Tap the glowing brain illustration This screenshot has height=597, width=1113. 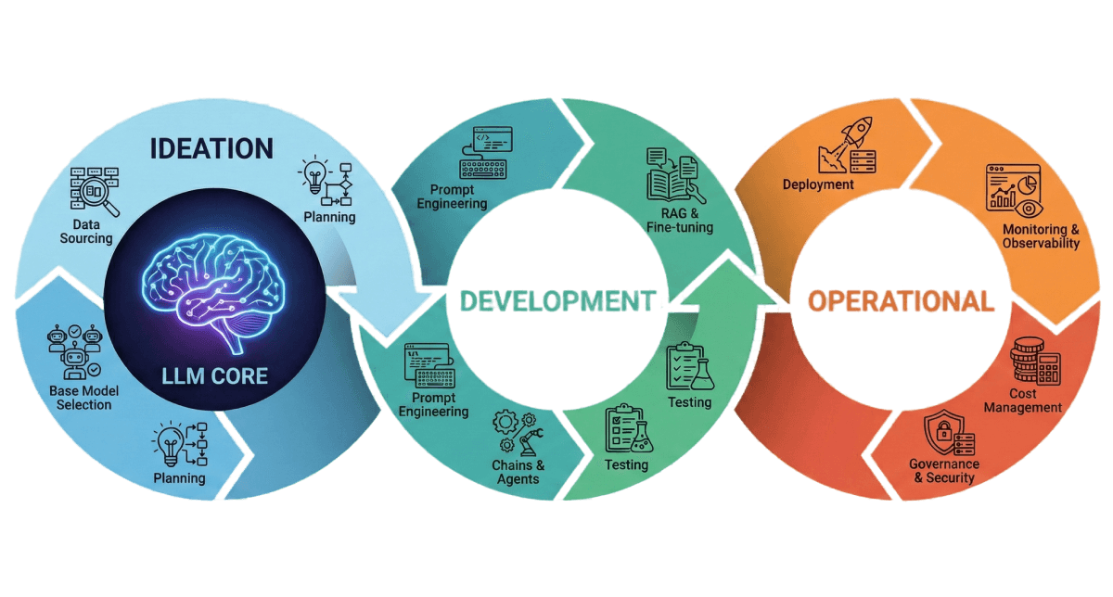215,287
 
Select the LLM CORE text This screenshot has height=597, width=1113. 215,375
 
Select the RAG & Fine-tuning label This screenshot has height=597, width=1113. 681,221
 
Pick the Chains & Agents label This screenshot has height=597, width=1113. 518,472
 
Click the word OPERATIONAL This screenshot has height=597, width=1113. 900,301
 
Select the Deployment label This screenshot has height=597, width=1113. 818,184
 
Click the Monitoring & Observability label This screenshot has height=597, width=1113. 1041,236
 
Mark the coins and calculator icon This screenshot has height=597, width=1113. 1035,364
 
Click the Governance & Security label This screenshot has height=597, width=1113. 943,471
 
